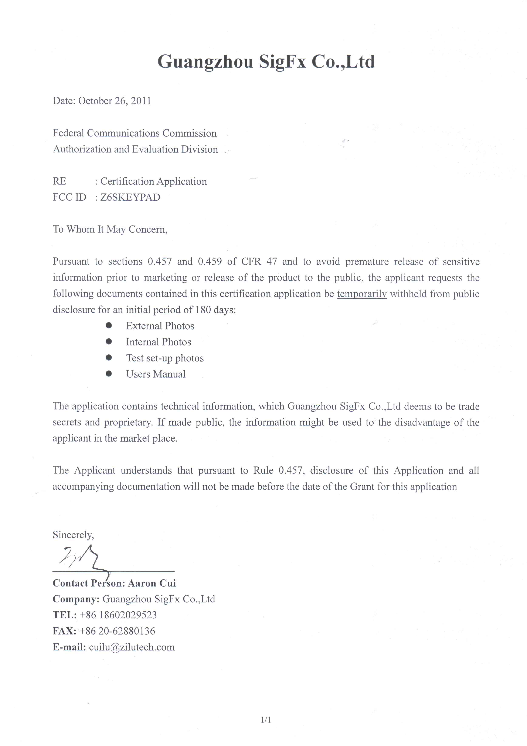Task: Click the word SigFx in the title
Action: pos(282,62)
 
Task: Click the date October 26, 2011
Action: pos(115,101)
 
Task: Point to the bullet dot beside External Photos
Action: pos(109,325)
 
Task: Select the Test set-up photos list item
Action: pos(165,358)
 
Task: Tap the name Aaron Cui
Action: pos(152,583)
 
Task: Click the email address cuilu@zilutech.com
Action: pos(132,647)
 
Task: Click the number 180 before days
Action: pos(203,310)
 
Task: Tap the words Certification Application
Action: pos(153,181)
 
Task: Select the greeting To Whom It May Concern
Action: pos(110,229)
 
